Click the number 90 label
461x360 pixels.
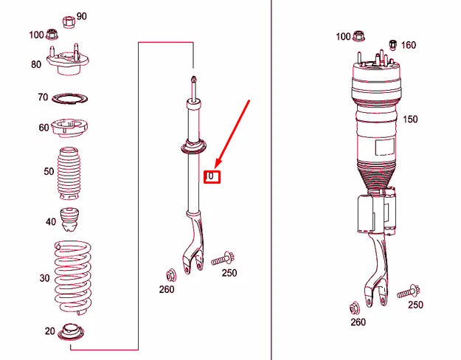[81, 16]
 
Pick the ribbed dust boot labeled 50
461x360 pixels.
[67, 178]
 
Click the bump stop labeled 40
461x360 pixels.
[71, 220]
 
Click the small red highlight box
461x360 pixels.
[212, 177]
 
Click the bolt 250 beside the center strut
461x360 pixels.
[221, 260]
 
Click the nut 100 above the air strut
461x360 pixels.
[359, 36]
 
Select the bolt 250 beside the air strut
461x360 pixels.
[408, 293]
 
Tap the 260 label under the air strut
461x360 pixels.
[358, 322]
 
